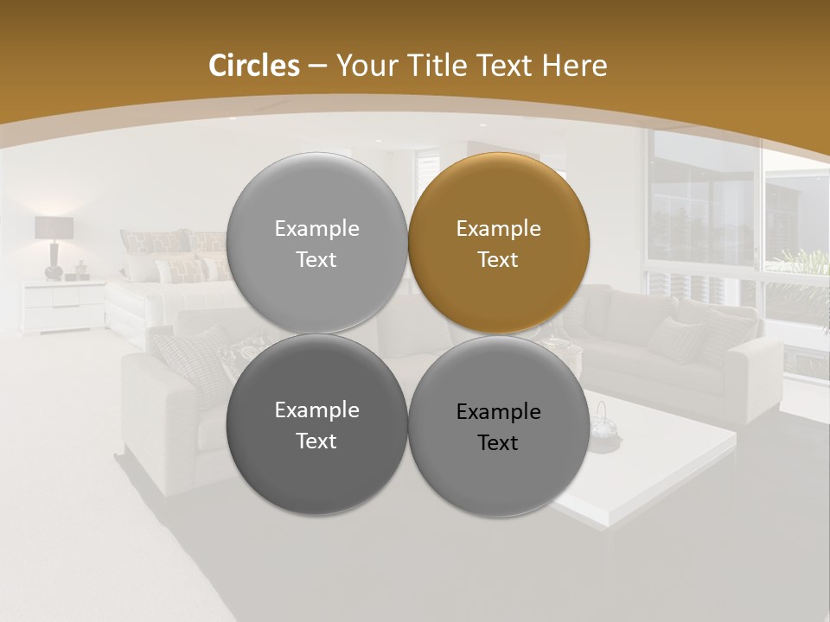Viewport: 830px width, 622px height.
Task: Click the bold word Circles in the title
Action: tap(254, 66)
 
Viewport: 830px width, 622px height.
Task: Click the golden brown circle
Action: tap(499, 243)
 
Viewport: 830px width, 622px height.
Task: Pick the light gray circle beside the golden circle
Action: tap(316, 243)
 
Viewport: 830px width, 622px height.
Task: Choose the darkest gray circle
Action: tap(316, 424)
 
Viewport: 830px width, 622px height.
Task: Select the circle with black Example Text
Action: tap(499, 426)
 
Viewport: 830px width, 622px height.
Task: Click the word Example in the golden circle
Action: tap(498, 229)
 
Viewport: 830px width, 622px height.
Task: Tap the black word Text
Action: tap(498, 443)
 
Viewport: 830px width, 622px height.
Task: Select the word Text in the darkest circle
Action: tap(316, 441)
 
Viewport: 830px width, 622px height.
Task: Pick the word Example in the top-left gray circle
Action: tap(316, 229)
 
